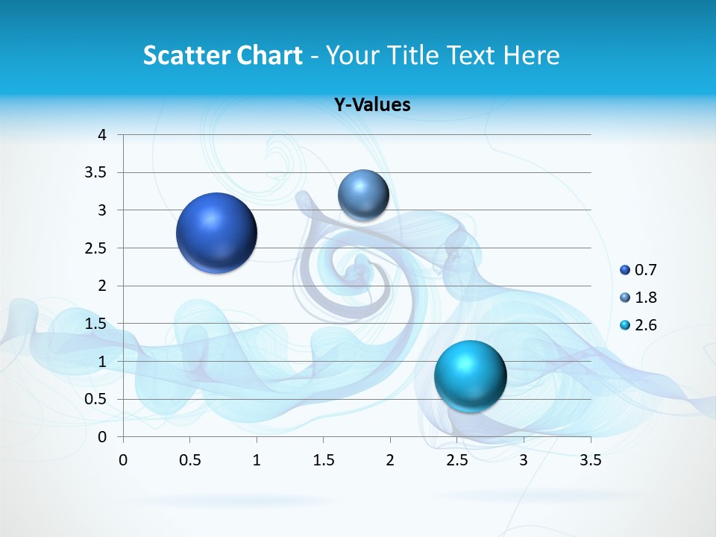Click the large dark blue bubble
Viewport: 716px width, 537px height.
coord(217,233)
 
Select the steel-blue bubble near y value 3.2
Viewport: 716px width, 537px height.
coord(363,195)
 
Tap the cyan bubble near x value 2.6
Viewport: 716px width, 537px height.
coord(470,376)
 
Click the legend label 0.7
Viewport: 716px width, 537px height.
coord(646,270)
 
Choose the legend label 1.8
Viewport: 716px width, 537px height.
coord(646,298)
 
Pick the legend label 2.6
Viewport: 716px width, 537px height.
coord(646,325)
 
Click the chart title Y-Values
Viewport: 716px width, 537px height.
coord(372,105)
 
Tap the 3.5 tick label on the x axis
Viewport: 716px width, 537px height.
coord(590,460)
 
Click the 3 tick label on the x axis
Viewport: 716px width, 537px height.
coord(524,460)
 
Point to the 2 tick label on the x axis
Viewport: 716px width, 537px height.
coord(390,460)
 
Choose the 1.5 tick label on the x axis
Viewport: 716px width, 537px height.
coord(323,460)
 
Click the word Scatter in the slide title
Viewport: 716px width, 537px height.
coord(186,55)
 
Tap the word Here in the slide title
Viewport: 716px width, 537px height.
coord(530,55)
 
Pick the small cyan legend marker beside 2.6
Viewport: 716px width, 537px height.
coord(625,325)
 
